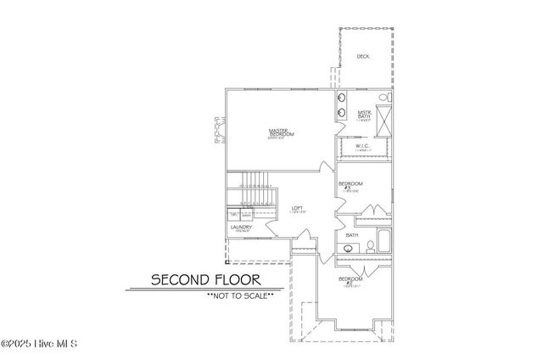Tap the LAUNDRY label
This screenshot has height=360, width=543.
tap(240, 228)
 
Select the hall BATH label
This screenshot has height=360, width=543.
tap(352, 235)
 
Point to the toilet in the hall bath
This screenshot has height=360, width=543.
tap(371, 247)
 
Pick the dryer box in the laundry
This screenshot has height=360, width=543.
tap(234, 215)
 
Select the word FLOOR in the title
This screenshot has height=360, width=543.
tap(236, 278)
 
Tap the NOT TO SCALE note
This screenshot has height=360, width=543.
tap(239, 295)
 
